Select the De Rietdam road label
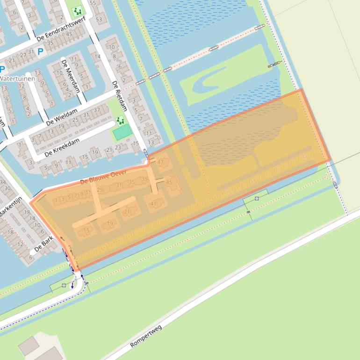pyautogui.click(x=119, y=96)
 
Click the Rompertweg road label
pyautogui.click(x=146, y=337)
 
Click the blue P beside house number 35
pyautogui.click(x=41, y=52)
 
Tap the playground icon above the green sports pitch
pyautogui.click(x=121, y=121)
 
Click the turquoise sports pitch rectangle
pyautogui.click(x=122, y=133)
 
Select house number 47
pyautogui.click(x=161, y=162)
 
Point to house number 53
pyautogui.click(x=99, y=20)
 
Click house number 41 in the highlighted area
pyautogui.click(x=153, y=204)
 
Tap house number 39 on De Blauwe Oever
pyautogui.click(x=144, y=180)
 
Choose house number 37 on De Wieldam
pyautogui.click(x=97, y=110)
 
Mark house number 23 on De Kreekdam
pyautogui.click(x=118, y=147)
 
